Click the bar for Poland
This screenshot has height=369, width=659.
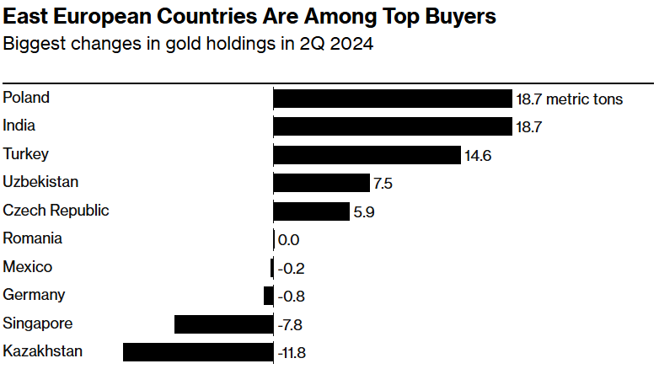tap(393, 99)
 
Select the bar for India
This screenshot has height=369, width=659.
tap(393, 126)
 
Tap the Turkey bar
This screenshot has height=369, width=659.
tap(367, 155)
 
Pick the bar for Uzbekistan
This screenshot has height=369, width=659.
tap(322, 183)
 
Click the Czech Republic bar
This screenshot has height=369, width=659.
tap(312, 211)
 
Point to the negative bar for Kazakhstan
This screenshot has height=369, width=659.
tap(198, 352)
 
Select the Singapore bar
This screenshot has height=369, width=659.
tap(224, 324)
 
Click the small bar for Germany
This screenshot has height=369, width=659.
tap(269, 296)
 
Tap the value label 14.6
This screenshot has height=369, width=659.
tap(478, 156)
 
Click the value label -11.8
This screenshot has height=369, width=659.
tap(292, 353)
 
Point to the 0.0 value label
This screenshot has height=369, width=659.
tap(289, 240)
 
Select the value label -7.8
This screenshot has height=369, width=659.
tap(290, 325)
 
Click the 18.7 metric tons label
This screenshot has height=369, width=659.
tap(570, 99)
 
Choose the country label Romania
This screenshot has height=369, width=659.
tap(32, 238)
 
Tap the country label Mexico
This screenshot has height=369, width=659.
tap(27, 267)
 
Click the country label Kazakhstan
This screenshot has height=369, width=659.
tap(42, 351)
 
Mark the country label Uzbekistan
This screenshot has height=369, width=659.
tap(40, 182)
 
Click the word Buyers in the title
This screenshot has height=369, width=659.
tap(461, 17)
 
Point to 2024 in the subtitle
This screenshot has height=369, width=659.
tap(351, 44)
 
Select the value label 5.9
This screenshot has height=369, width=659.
tap(364, 212)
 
